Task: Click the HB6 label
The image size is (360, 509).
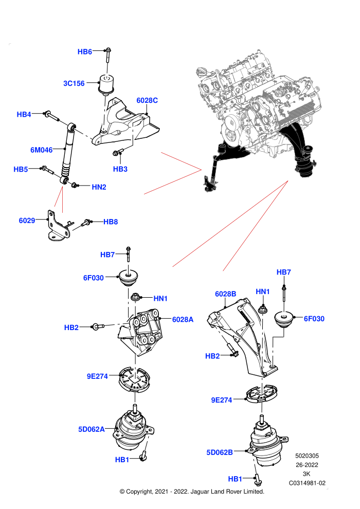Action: point(84,51)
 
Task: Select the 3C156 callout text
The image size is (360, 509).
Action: point(74,83)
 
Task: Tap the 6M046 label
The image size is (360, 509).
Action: point(41,150)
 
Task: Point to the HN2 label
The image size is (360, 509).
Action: point(99,187)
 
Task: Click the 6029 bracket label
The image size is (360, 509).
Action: point(27,221)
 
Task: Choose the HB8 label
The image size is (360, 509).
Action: point(111,222)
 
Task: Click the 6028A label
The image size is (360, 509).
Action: point(183,319)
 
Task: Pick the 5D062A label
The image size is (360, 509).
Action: point(92,429)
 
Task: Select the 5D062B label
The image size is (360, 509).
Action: point(220,452)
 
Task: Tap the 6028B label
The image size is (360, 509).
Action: point(226,294)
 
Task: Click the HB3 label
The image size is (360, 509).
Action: point(120,169)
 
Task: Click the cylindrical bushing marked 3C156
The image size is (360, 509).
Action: point(106,84)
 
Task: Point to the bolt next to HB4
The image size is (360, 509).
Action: point(51,116)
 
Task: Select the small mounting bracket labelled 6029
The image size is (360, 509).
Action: point(58,226)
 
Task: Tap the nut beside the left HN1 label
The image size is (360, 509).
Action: point(135,297)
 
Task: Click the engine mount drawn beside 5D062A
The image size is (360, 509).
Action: point(133,427)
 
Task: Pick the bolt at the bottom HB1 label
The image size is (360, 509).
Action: point(258,480)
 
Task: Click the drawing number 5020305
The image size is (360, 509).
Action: point(307,456)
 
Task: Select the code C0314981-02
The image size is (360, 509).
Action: point(307,483)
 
